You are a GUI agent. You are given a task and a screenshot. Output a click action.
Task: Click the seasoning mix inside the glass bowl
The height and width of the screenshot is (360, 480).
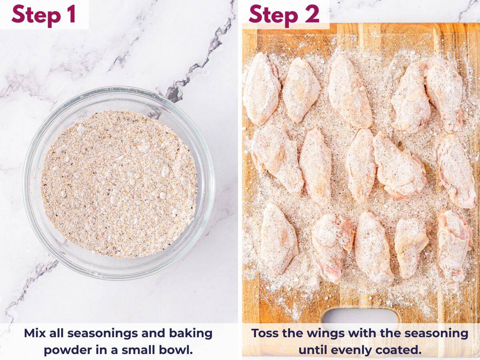[119, 184]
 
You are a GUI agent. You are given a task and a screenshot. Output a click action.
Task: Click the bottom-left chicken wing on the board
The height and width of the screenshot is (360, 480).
[279, 239]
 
